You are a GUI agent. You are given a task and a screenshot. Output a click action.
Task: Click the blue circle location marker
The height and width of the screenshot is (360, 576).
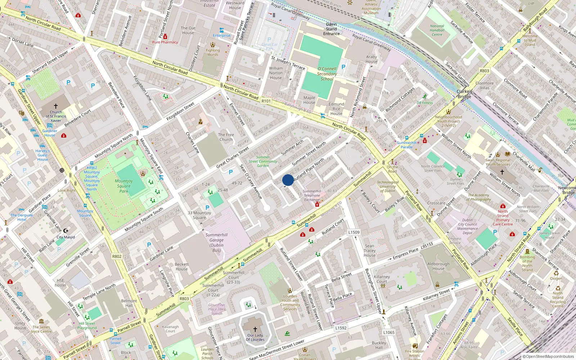288,180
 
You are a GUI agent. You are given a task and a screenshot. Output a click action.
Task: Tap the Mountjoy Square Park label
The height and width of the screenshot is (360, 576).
124,186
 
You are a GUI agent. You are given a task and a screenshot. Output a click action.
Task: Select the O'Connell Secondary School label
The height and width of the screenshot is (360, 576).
327,74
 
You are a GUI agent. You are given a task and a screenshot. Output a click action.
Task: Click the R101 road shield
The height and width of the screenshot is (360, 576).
266,101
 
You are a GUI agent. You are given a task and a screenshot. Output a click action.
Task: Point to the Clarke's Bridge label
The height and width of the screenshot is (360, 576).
464,94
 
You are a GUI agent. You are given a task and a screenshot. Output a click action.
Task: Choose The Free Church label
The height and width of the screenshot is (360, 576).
226,137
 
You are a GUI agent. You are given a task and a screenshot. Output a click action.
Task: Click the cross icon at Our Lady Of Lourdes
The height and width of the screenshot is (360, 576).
255,329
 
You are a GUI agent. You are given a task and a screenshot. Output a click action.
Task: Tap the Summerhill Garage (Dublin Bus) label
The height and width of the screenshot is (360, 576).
216,242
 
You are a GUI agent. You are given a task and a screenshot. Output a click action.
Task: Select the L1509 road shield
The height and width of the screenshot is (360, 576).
354,232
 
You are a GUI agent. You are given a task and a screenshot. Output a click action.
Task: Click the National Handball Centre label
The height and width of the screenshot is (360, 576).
437,30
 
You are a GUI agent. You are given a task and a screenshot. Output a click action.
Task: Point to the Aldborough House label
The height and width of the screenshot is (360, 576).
438,266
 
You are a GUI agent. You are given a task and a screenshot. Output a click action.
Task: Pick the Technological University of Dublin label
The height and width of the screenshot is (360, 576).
388,186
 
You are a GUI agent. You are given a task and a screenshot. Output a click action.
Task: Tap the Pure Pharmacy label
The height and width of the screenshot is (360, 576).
165,42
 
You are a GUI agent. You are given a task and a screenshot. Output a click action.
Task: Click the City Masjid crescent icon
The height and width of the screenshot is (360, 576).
66,231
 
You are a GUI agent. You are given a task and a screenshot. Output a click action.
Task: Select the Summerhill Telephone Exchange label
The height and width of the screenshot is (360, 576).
312,195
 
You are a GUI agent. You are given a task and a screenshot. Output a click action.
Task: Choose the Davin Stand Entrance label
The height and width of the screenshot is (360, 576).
331,29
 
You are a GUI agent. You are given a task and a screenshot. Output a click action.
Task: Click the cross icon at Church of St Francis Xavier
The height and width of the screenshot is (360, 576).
56,106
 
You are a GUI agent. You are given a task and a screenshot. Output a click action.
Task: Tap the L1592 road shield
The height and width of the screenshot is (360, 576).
341,328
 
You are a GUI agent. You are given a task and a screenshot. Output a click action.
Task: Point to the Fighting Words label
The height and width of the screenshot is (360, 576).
213,53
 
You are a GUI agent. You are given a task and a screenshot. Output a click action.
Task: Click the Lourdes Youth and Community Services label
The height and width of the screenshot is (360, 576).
290,302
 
